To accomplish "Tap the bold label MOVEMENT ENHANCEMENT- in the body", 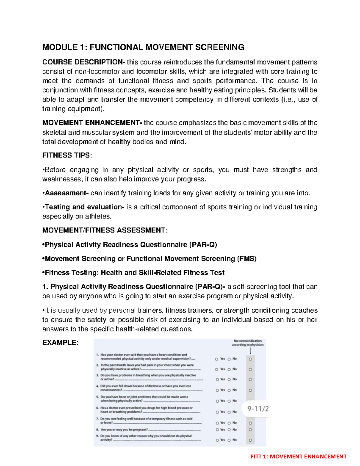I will [x=92, y=123].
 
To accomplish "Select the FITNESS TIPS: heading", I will [x=67, y=155].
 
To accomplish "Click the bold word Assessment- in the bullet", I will [x=67, y=193].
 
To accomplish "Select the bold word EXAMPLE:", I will [x=60, y=343].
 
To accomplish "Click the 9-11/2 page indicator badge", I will [x=258, y=409].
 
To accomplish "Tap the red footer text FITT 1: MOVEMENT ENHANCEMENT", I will [x=298, y=457].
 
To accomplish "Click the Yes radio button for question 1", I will [x=217, y=359].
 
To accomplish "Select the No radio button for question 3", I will [x=229, y=380].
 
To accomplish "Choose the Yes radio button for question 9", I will [x=217, y=440].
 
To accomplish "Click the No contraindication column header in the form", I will [x=247, y=343].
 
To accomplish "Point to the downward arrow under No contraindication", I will [x=250, y=351].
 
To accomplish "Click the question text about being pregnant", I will [x=124, y=430].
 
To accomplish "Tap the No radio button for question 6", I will [x=229, y=412].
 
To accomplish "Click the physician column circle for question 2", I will [x=250, y=370].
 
